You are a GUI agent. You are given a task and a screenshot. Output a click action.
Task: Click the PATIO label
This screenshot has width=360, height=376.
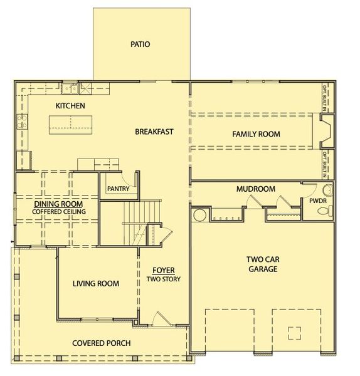tap(140, 44)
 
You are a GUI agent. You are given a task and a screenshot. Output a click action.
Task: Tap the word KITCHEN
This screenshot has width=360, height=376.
tap(70, 106)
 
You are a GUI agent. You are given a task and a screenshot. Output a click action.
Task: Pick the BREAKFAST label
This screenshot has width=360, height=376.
tap(154, 132)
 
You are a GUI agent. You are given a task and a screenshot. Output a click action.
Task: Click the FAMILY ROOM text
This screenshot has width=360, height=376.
tap(256, 134)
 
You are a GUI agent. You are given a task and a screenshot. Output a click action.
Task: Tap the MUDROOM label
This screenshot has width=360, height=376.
tap(256, 189)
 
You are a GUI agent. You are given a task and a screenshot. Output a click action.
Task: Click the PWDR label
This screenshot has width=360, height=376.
tap(316, 201)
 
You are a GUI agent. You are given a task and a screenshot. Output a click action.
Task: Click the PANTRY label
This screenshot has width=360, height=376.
tap(118, 188)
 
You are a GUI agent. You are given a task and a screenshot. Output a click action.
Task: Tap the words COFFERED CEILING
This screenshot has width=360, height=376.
tap(60, 212)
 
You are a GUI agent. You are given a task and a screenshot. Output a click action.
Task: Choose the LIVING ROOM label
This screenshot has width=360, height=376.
tap(95, 283)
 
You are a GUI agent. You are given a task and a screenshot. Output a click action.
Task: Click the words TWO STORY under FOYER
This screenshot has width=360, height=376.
tap(163, 279)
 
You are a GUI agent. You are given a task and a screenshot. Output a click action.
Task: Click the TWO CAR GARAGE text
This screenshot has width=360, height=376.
tap(262, 264)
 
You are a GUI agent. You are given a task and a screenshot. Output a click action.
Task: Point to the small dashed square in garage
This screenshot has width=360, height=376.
tap(294, 332)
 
